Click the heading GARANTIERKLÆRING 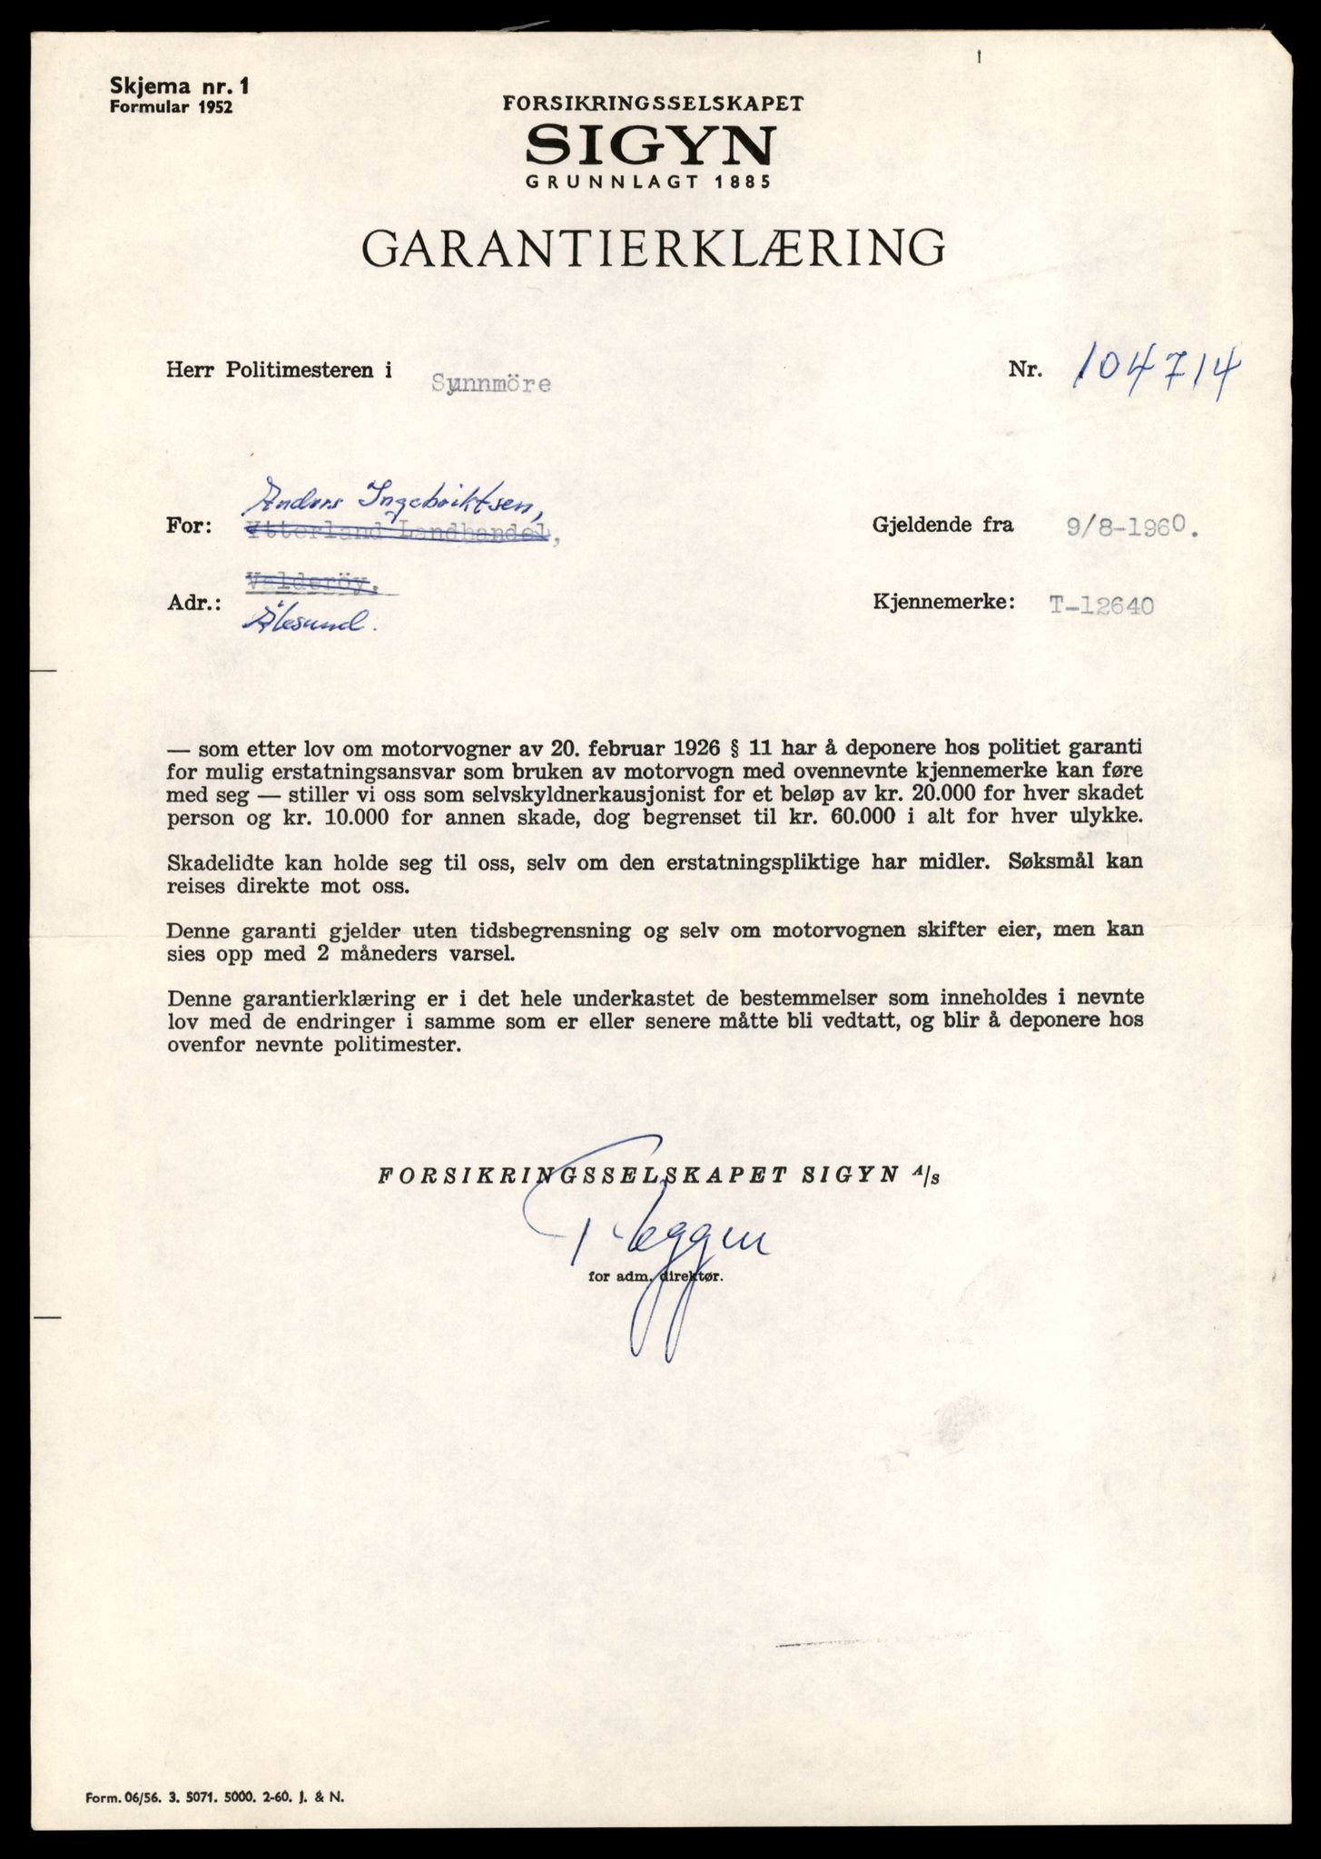pos(653,247)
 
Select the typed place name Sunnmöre pos(491,383)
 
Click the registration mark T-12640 pos(1101,605)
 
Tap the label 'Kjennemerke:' pos(942,602)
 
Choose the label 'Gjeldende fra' pos(942,525)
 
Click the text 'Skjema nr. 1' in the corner pos(178,87)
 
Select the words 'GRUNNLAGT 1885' pos(648,181)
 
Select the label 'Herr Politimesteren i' pos(280,370)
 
